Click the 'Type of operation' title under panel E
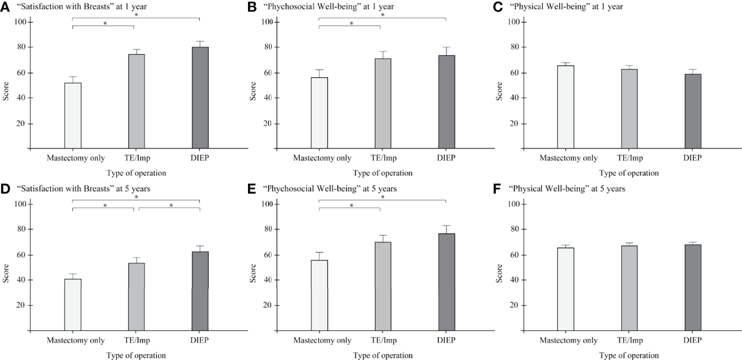coord(383,355)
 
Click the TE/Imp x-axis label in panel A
coord(137,158)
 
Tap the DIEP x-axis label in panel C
coord(692,158)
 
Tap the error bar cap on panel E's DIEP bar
coord(446,225)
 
